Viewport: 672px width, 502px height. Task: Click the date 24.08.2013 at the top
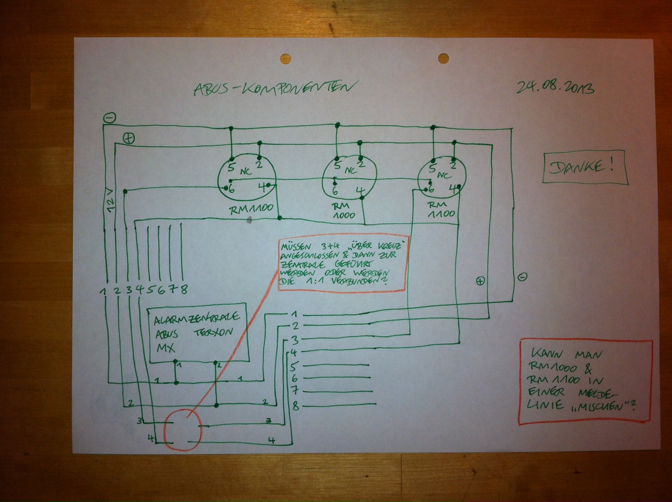[555, 87]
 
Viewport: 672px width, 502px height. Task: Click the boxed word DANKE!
[583, 168]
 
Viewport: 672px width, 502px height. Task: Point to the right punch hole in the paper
[444, 58]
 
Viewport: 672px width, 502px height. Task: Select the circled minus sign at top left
[109, 118]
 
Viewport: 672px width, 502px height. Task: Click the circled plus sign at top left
[128, 138]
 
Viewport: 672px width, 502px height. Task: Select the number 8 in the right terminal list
[296, 406]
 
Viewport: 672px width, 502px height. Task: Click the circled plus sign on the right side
[480, 281]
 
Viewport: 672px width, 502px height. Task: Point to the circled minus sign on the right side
[523, 276]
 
